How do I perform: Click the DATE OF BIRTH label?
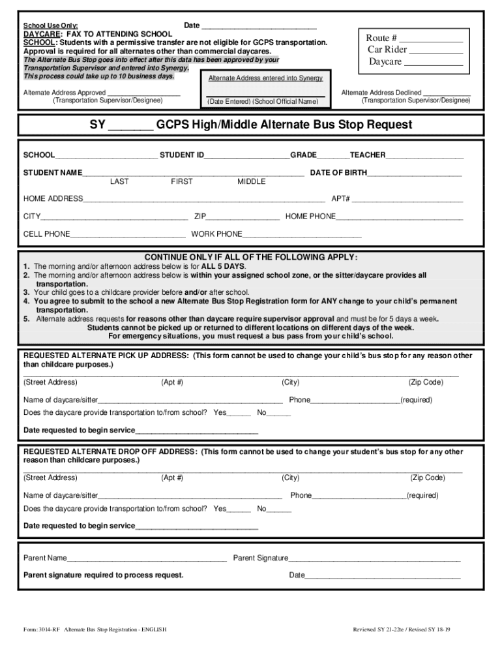click(338, 173)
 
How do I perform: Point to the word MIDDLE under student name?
click(251, 182)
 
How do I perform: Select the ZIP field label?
click(200, 217)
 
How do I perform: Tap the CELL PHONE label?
click(46, 234)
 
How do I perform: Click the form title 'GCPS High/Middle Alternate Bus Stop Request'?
click(284, 125)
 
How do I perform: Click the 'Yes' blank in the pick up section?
click(239, 413)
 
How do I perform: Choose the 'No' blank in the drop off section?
click(280, 509)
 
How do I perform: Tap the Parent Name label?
click(45, 558)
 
